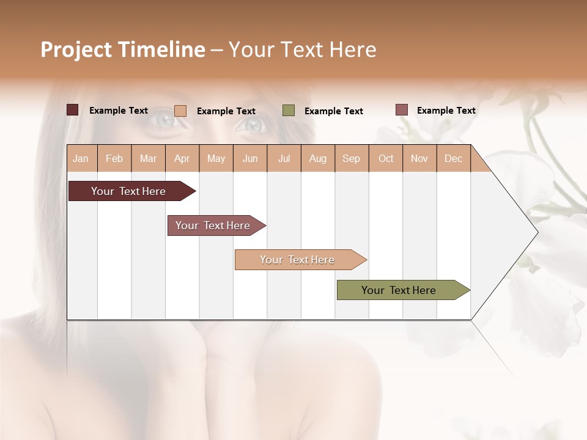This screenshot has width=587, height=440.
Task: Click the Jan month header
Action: pos(81,158)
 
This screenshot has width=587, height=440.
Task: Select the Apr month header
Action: pos(182,158)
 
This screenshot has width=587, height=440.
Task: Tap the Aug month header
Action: pos(318,158)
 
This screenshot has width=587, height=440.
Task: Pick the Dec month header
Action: pos(454,158)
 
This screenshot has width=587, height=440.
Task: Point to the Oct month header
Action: pos(386,158)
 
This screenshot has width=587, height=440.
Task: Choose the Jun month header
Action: pos(250,158)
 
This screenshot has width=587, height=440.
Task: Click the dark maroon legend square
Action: pos(72,110)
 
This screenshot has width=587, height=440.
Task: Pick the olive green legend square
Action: pos(289,111)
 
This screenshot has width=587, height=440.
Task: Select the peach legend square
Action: pos(180,111)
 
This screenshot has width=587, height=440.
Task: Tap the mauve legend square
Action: pos(401,110)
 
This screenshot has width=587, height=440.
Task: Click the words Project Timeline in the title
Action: pos(122,50)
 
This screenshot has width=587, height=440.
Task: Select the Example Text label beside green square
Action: pos(334,111)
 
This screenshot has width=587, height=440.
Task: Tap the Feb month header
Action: pos(114,158)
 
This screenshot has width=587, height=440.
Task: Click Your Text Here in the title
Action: pos(303,50)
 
